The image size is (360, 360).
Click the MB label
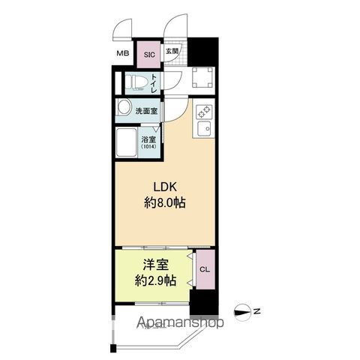[x=123, y=53]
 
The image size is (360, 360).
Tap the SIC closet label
[x=149, y=55]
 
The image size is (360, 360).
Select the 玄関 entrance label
[x=172, y=51]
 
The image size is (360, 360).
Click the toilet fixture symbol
[x=135, y=82]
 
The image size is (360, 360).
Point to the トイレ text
[x=154, y=83]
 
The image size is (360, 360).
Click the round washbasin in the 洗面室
[x=124, y=107]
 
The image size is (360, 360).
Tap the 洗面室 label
[x=146, y=111]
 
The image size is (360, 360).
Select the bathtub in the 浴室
[x=127, y=142]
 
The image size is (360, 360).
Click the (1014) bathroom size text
[x=148, y=147]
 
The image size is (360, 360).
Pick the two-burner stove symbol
[x=204, y=112]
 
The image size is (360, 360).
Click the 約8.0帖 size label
[x=165, y=202]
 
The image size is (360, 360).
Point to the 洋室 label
[x=155, y=265]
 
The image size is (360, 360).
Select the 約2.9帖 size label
[x=155, y=280]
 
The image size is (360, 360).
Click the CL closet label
[x=205, y=269]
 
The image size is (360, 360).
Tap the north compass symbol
[x=242, y=313]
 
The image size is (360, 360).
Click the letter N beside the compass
[x=257, y=311]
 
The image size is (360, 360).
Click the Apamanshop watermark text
[x=180, y=322]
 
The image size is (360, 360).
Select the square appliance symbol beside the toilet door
[x=202, y=77]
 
